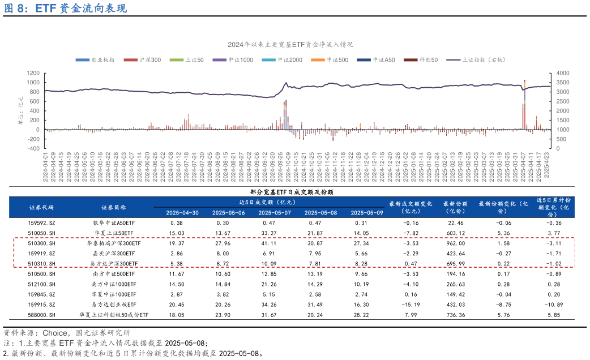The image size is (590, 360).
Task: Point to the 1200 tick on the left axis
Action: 32,73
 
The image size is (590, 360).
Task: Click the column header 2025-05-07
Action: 275,213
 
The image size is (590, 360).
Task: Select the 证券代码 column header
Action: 41,207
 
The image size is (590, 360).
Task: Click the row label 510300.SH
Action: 41,243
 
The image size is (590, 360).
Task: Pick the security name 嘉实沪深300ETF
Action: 113,254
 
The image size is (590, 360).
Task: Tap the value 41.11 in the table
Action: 275,243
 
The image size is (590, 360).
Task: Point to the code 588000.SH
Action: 41,315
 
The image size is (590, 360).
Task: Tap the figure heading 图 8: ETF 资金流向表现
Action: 65,8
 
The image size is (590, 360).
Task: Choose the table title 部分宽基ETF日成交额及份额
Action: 292,192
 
